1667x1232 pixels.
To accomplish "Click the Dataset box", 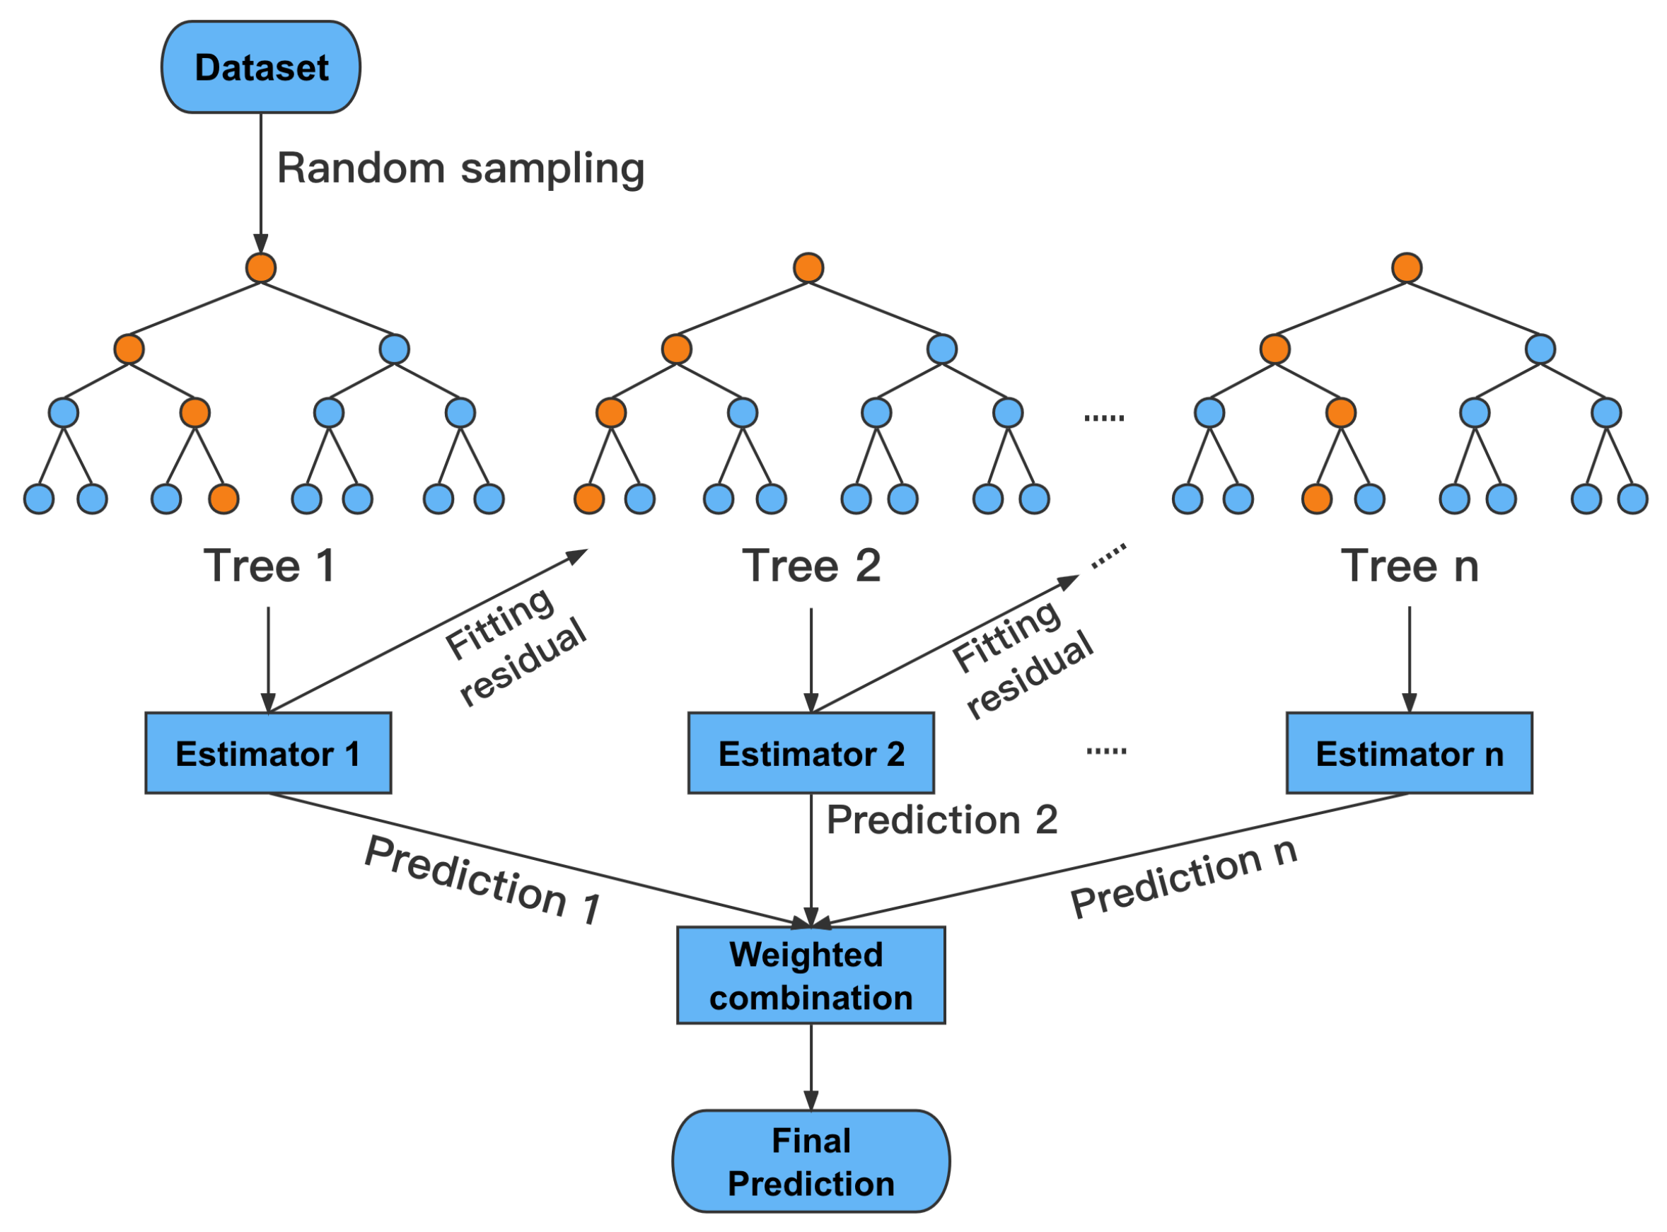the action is pos(261,67).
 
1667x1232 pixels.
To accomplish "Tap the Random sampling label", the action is pos(461,169).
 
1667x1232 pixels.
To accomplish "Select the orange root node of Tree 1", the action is pos(261,268).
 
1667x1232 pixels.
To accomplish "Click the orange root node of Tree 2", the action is pos(809,268).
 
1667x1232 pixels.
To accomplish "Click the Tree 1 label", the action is pos(269,566).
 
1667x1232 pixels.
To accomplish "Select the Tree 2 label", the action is pos(812,566).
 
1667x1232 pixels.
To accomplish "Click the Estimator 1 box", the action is pos(269,754).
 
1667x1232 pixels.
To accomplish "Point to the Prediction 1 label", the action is pos(483,881).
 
